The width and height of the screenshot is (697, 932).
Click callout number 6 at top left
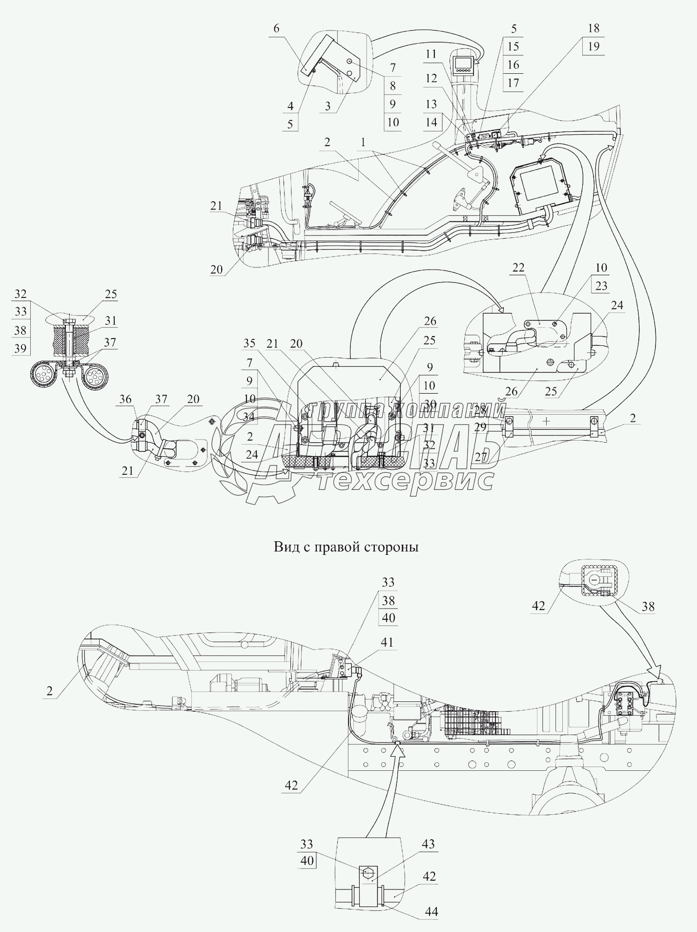(x=276, y=28)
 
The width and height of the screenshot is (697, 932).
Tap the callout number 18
(x=594, y=28)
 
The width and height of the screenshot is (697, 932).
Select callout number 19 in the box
(x=594, y=47)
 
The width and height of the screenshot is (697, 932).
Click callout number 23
(x=601, y=286)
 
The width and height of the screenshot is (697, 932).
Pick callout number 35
(x=249, y=343)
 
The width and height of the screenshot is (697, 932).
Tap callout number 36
(x=125, y=399)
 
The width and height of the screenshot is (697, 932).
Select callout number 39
(x=20, y=348)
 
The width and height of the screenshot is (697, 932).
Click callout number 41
(x=387, y=642)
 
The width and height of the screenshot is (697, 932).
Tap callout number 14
(x=430, y=122)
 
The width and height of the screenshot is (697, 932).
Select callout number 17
(x=513, y=83)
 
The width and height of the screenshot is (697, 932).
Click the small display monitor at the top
(x=461, y=65)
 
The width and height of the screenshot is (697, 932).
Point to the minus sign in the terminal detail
(x=595, y=580)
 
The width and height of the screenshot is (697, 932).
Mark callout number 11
(x=430, y=54)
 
